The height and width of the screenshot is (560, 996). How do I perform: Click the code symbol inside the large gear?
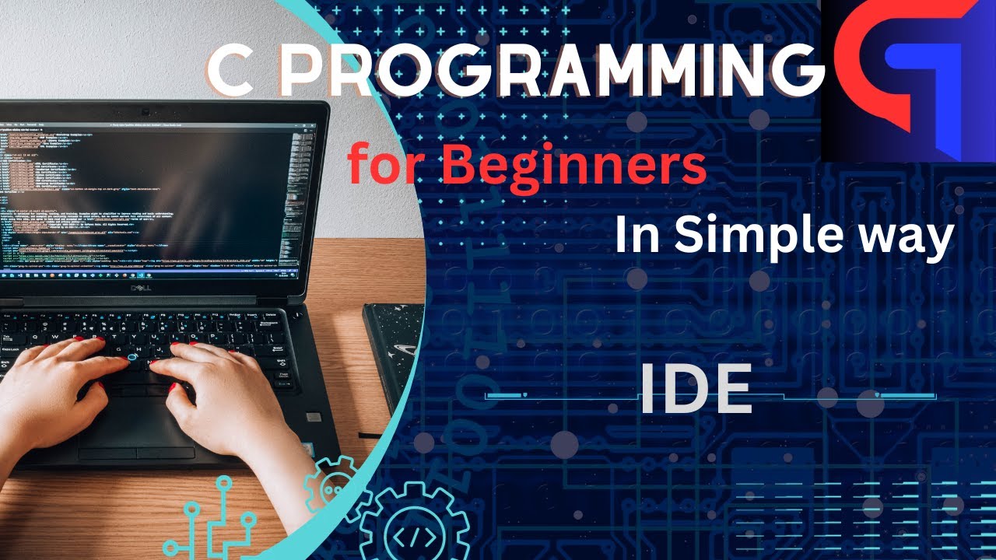tap(409, 537)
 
